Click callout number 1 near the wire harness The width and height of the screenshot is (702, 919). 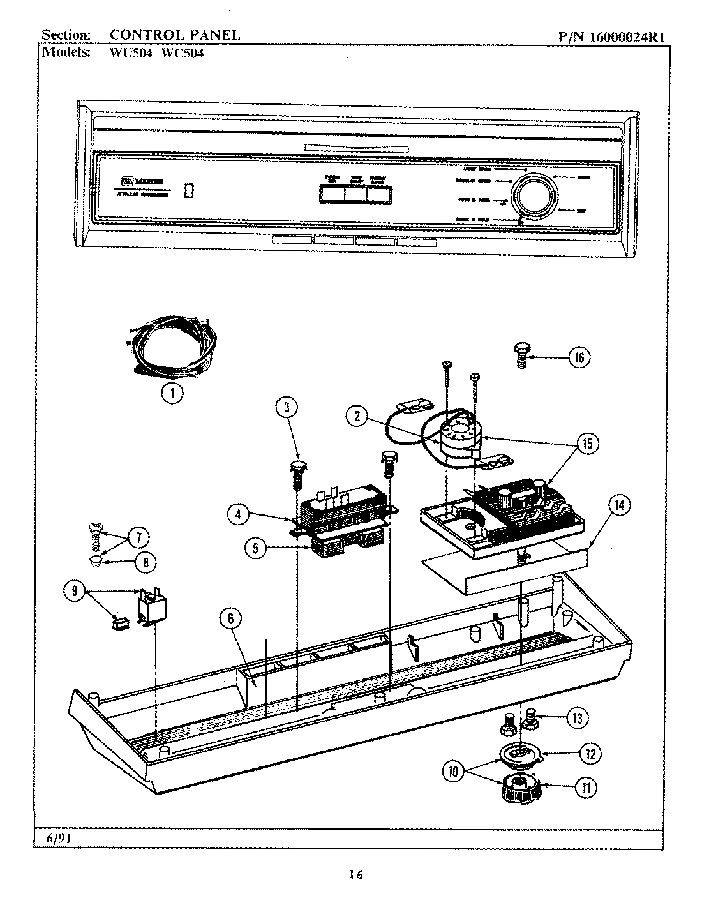[x=172, y=393]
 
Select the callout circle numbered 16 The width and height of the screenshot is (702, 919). [x=579, y=357]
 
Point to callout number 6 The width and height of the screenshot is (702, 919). [x=232, y=618]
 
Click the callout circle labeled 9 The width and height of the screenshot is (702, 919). [x=75, y=591]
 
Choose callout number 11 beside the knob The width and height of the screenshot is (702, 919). [x=585, y=787]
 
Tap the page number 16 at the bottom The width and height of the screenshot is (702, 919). [x=355, y=874]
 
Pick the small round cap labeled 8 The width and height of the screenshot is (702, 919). [x=95, y=561]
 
